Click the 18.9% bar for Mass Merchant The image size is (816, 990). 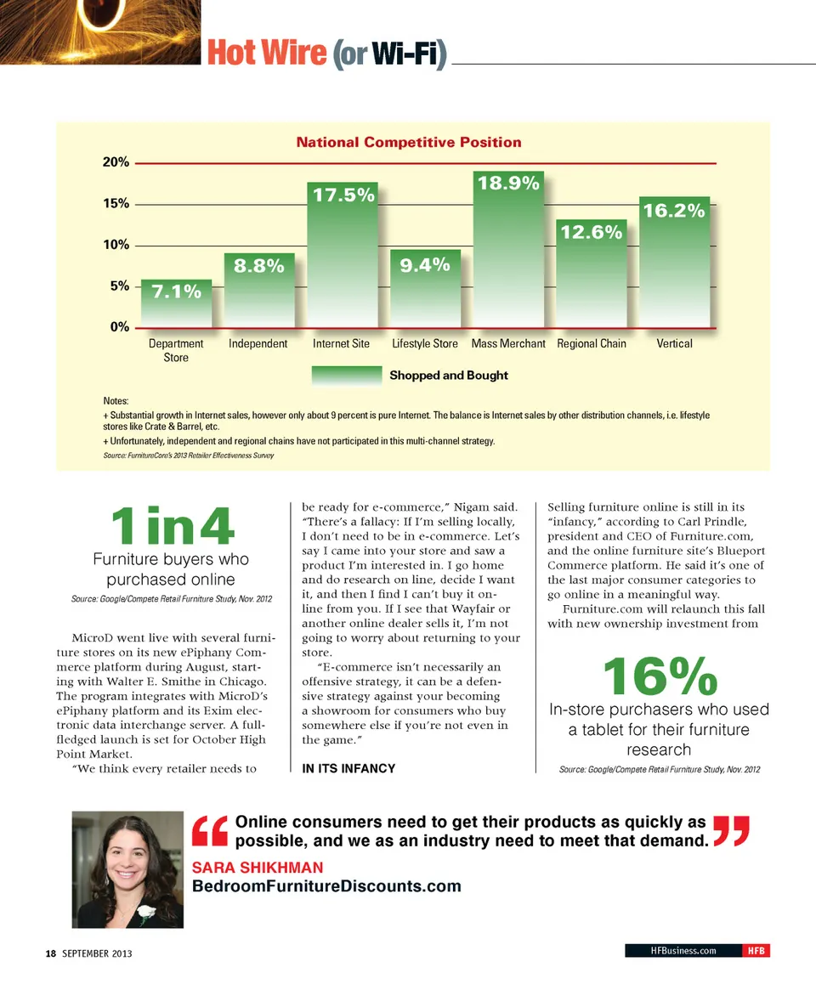click(507, 250)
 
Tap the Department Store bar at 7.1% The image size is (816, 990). click(176, 303)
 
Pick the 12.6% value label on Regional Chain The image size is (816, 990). click(591, 232)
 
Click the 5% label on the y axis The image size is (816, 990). click(118, 286)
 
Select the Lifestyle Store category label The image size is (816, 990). click(425, 344)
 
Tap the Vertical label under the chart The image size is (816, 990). click(674, 344)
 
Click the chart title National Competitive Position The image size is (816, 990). click(409, 142)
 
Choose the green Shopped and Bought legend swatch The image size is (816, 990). click(347, 376)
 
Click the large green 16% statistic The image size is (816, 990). click(660, 676)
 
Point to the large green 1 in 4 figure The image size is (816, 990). click(172, 527)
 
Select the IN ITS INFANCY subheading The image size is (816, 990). click(348, 769)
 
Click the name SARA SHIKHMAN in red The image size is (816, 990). click(258, 868)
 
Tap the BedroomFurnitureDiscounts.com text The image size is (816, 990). click(327, 887)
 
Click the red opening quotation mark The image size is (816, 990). click(210, 831)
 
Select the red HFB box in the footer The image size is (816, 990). click(755, 951)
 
